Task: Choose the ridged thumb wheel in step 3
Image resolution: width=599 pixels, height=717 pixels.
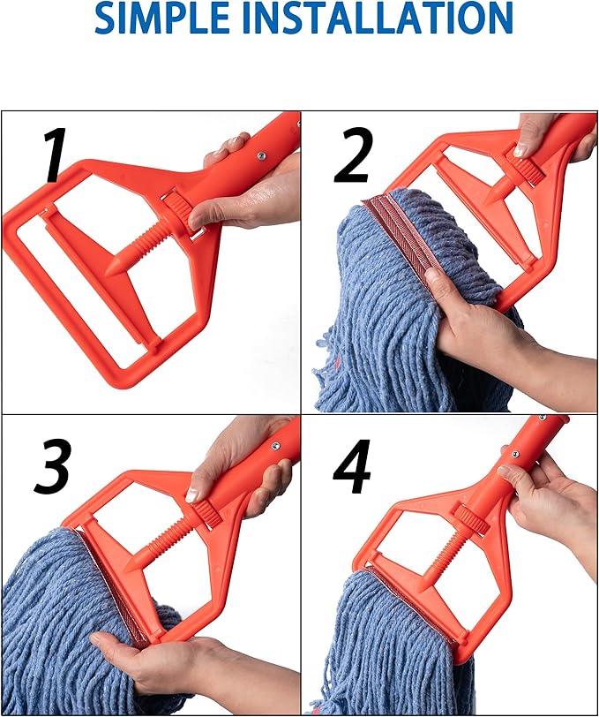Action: coord(206,513)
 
